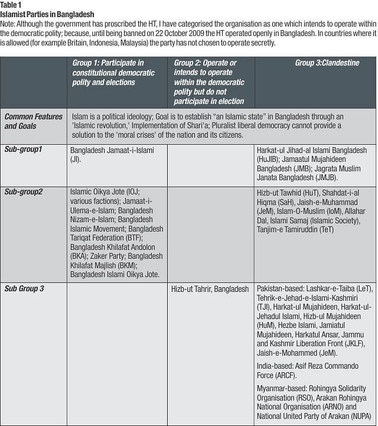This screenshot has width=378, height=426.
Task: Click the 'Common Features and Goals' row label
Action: (x=33, y=121)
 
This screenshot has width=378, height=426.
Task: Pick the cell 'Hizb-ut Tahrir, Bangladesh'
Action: (x=210, y=289)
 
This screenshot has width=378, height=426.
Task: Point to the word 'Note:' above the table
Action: (x=9, y=23)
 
